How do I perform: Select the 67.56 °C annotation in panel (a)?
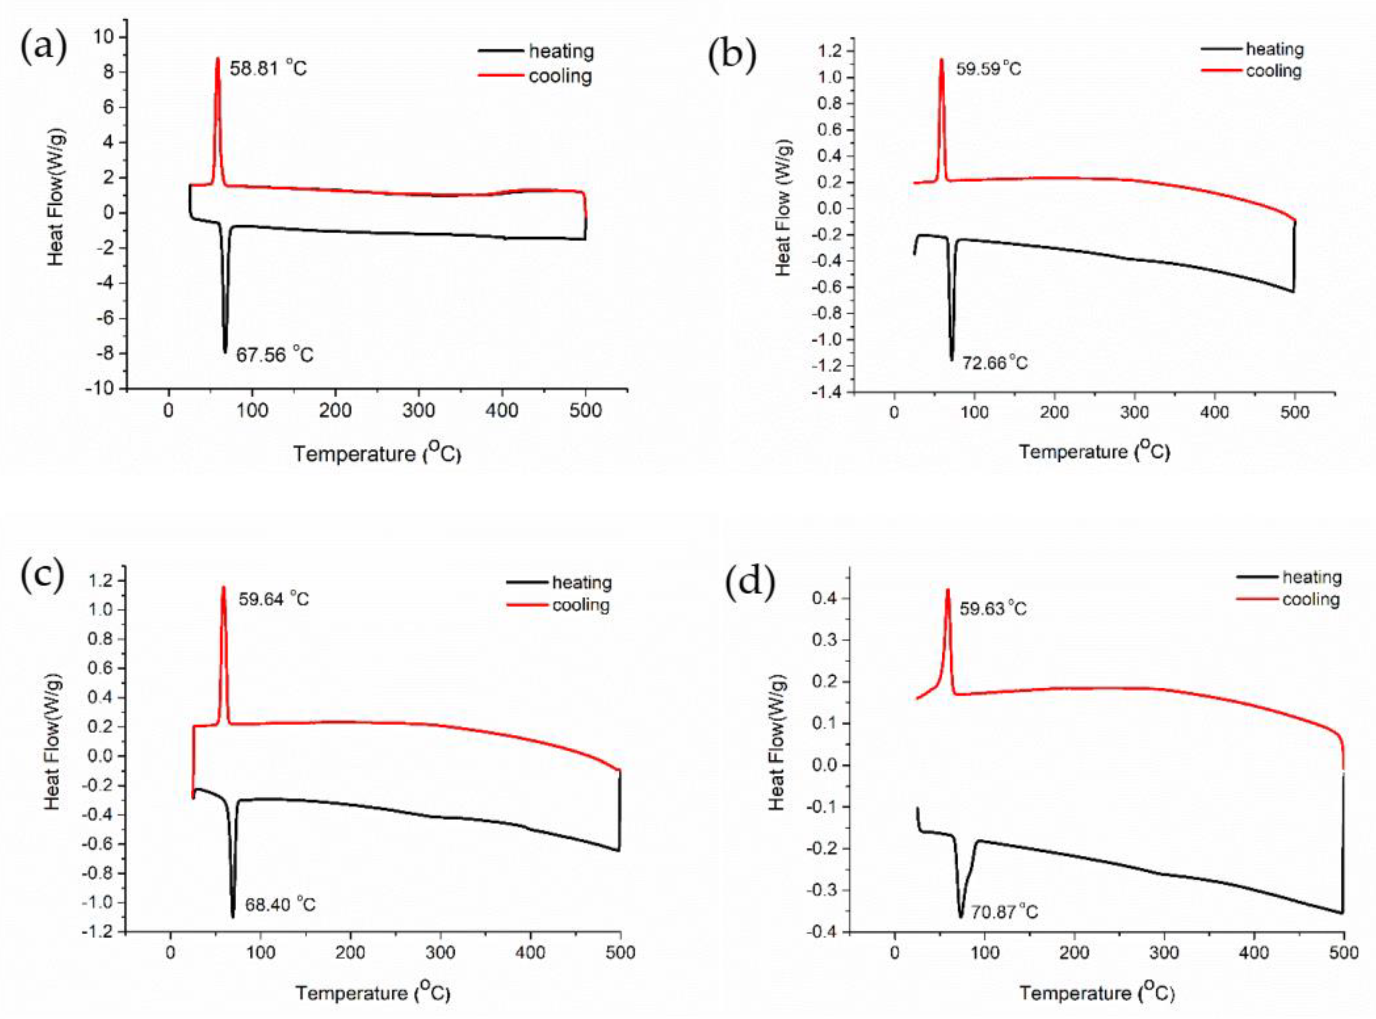(274, 355)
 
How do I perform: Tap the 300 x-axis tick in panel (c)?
(440, 953)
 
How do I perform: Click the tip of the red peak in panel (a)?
(217, 59)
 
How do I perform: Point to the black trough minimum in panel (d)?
(961, 916)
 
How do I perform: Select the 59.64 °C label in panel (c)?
(273, 599)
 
